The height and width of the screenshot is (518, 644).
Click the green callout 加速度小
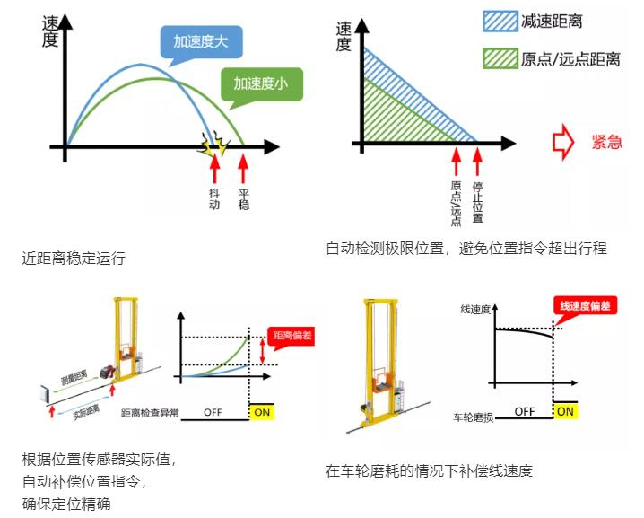(x=261, y=83)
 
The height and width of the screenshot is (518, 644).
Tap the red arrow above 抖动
(x=213, y=168)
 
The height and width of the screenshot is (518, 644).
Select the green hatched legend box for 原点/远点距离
(x=495, y=59)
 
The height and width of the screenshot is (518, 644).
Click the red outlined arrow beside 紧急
(x=563, y=143)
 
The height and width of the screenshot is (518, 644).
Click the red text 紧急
(x=606, y=143)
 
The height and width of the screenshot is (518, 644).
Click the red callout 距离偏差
(x=291, y=335)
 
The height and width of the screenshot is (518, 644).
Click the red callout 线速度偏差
(x=587, y=306)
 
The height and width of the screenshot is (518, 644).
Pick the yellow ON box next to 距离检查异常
(x=261, y=412)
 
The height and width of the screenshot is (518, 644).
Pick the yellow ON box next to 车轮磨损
(x=563, y=412)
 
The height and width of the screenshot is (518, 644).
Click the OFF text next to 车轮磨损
(x=526, y=412)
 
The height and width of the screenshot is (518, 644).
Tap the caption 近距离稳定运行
(x=74, y=259)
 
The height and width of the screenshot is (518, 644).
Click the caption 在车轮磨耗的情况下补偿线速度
(x=429, y=470)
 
